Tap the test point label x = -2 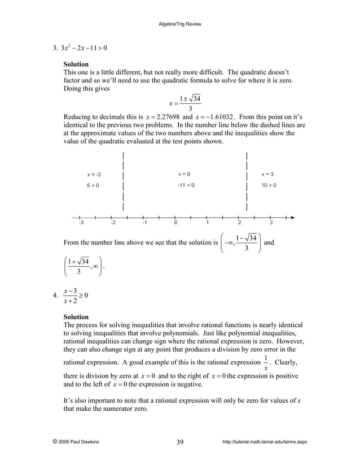[94, 174]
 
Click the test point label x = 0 [184, 174]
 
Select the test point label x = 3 [267, 174]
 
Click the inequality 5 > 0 [94, 185]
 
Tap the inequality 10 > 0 [269, 185]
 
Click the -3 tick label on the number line [81, 223]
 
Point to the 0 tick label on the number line [175, 223]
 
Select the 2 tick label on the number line [239, 223]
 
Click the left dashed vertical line [124, 181]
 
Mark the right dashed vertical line [247, 181]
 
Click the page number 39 [179, 442]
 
